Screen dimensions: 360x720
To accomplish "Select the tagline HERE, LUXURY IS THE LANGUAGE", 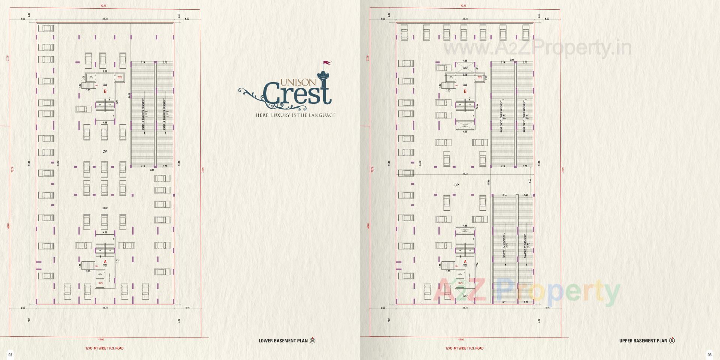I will [295, 115].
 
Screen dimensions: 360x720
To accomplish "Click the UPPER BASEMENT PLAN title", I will [643, 341].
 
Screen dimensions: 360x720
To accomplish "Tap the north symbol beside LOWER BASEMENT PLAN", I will [312, 341].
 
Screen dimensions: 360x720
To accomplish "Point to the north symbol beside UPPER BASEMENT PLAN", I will [672, 341].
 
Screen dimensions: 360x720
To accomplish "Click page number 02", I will [10, 355].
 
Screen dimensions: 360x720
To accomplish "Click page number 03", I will [709, 355].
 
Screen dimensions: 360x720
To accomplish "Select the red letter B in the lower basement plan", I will [105, 91].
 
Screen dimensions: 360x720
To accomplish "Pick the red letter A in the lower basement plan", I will [105, 262].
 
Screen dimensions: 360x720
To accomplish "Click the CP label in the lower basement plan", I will [105, 151].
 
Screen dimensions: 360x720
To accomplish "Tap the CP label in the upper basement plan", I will [456, 185].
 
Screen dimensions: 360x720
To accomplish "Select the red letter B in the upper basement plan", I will [465, 91].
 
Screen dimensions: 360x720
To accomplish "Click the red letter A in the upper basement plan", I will [465, 262].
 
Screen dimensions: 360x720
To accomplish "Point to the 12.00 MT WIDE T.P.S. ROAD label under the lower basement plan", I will [104, 348].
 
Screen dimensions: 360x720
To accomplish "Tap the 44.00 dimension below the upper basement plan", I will [461, 339].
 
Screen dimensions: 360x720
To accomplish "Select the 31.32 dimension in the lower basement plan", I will [105, 208].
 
